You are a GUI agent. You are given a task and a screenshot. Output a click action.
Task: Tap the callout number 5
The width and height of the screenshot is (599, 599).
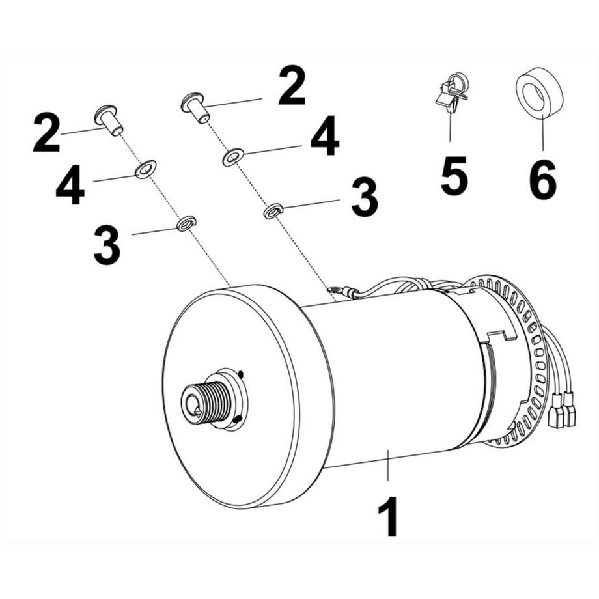pyautogui.click(x=454, y=174)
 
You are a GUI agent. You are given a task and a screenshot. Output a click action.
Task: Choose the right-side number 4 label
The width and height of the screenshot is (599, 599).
pyautogui.click(x=324, y=137)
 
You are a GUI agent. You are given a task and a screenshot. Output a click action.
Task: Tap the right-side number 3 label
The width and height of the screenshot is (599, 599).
pyautogui.click(x=364, y=199)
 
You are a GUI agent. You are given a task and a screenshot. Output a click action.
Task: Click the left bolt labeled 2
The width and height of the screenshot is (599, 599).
pyautogui.click(x=108, y=120)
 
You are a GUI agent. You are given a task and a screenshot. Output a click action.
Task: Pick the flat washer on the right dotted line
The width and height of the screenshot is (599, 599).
pyautogui.click(x=232, y=157)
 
